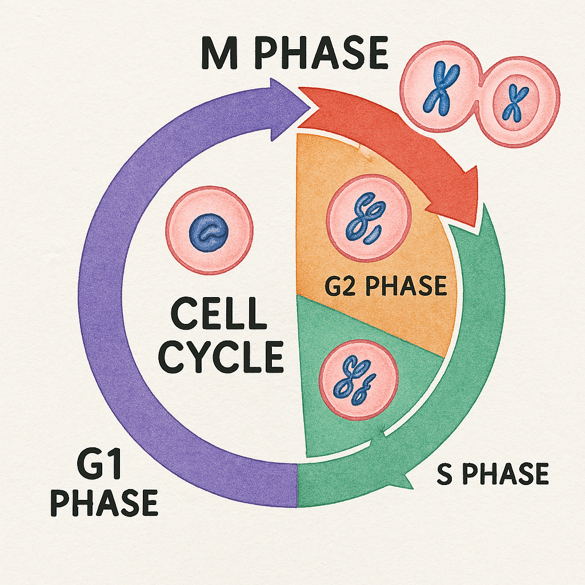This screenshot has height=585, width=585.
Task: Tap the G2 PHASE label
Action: [386, 286]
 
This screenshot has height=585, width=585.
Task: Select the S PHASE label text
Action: [492, 475]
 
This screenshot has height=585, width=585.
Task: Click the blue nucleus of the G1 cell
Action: [209, 233]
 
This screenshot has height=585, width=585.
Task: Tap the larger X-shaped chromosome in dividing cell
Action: [437, 91]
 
